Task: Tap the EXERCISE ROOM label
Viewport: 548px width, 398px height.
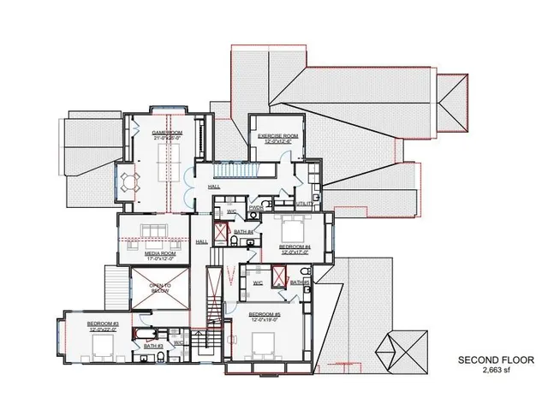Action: pyautogui.click(x=277, y=135)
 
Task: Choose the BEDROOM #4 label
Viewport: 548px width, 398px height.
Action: pyautogui.click(x=294, y=247)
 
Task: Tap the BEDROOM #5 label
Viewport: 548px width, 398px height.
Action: pyautogui.click(x=264, y=314)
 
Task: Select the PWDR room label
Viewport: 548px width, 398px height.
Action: pyautogui.click(x=255, y=207)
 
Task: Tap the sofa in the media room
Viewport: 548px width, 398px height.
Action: pyautogui.click(x=155, y=229)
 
